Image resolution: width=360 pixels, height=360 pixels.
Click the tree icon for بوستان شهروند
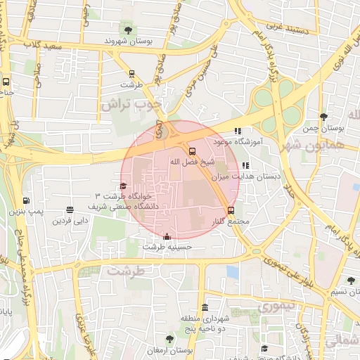point(128,30)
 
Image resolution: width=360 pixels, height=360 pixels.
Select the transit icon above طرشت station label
point(131,73)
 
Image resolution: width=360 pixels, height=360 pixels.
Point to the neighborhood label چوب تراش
point(131,104)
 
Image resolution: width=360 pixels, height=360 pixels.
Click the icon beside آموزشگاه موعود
point(238,130)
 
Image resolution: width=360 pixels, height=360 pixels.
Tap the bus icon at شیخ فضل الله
point(192,150)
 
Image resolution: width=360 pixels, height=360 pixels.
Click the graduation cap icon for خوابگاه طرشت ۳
point(124,186)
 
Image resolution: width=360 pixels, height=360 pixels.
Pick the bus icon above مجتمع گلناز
point(231,210)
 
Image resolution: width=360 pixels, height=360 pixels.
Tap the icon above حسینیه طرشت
point(167,236)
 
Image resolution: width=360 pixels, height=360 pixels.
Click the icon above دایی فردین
point(70,210)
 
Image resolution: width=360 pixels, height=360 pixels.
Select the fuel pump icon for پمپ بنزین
point(26,200)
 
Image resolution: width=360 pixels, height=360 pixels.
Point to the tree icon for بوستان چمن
point(323,117)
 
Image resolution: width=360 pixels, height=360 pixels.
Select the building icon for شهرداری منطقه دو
point(205,308)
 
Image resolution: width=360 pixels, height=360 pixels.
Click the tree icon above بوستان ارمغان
point(169,339)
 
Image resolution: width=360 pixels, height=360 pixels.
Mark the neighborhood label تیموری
point(276,307)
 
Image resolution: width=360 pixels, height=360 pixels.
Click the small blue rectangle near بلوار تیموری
point(233,271)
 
